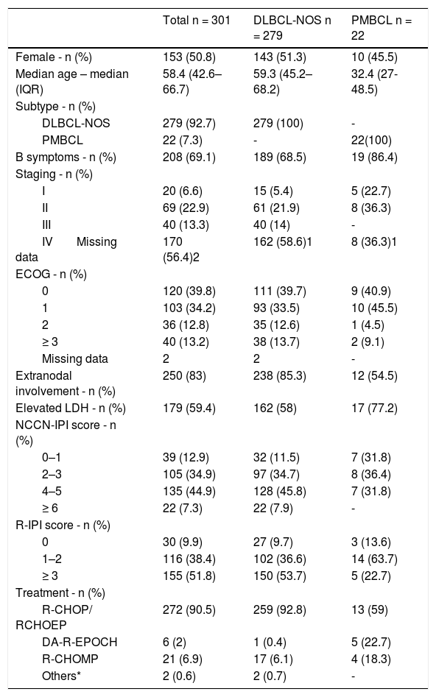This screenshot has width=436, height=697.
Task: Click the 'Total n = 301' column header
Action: coord(196,20)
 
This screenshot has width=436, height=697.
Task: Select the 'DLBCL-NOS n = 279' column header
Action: coord(292,27)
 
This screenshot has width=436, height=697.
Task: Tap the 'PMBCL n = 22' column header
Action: coord(381,27)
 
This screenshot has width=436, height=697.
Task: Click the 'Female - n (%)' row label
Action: coord(54,57)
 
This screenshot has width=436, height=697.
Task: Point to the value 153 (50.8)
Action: coord(189,57)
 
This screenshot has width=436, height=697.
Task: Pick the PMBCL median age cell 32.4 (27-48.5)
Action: coord(375,82)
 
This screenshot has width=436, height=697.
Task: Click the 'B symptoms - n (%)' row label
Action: coord(66,158)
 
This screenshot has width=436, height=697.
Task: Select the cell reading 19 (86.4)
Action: coord(374,158)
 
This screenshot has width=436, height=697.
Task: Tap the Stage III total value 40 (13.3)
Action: coord(186,225)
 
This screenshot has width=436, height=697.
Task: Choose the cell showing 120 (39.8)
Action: coord(189,291)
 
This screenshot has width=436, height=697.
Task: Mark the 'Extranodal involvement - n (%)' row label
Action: coord(66,383)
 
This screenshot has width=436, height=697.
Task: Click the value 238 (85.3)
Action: coord(280,376)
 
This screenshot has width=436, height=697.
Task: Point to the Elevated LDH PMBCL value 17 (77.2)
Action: coord(374,408)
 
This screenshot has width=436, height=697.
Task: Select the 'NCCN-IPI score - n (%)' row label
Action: coord(66,433)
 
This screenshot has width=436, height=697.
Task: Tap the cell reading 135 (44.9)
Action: coord(189,491)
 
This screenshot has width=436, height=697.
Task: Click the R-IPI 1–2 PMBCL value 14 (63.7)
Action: coord(374,559)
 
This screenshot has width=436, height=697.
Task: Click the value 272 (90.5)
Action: coord(189,609)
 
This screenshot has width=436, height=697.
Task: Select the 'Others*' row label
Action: coord(61,676)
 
